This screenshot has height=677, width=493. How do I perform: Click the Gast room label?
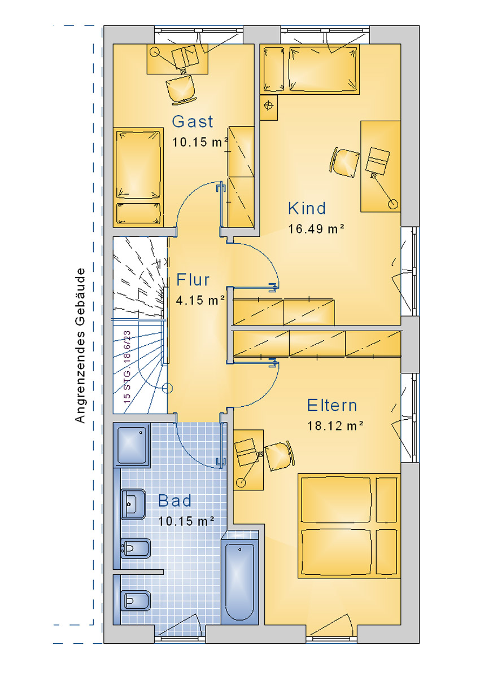coord(193,122)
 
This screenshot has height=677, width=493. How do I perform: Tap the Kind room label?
coord(307,208)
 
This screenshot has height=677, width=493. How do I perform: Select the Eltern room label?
coord(332,405)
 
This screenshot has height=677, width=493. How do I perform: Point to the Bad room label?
coord(175,501)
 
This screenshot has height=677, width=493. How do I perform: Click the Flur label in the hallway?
coord(193,280)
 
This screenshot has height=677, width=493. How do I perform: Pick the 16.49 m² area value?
coord(316,229)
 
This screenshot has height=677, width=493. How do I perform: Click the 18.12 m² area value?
coord(335,426)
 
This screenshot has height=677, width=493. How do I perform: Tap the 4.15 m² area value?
coord(200,300)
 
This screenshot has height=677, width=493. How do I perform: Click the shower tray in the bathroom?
coord(132,445)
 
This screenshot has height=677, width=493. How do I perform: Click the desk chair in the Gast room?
coord(182,90)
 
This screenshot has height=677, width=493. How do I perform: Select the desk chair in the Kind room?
coord(345,162)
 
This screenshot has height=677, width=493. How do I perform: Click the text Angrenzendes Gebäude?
coord(80,345)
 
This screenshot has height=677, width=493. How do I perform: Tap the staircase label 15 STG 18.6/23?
coord(127,367)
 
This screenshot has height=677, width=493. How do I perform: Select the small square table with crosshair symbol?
coord(269,108)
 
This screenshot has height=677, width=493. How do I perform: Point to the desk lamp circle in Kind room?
coord(393,205)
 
